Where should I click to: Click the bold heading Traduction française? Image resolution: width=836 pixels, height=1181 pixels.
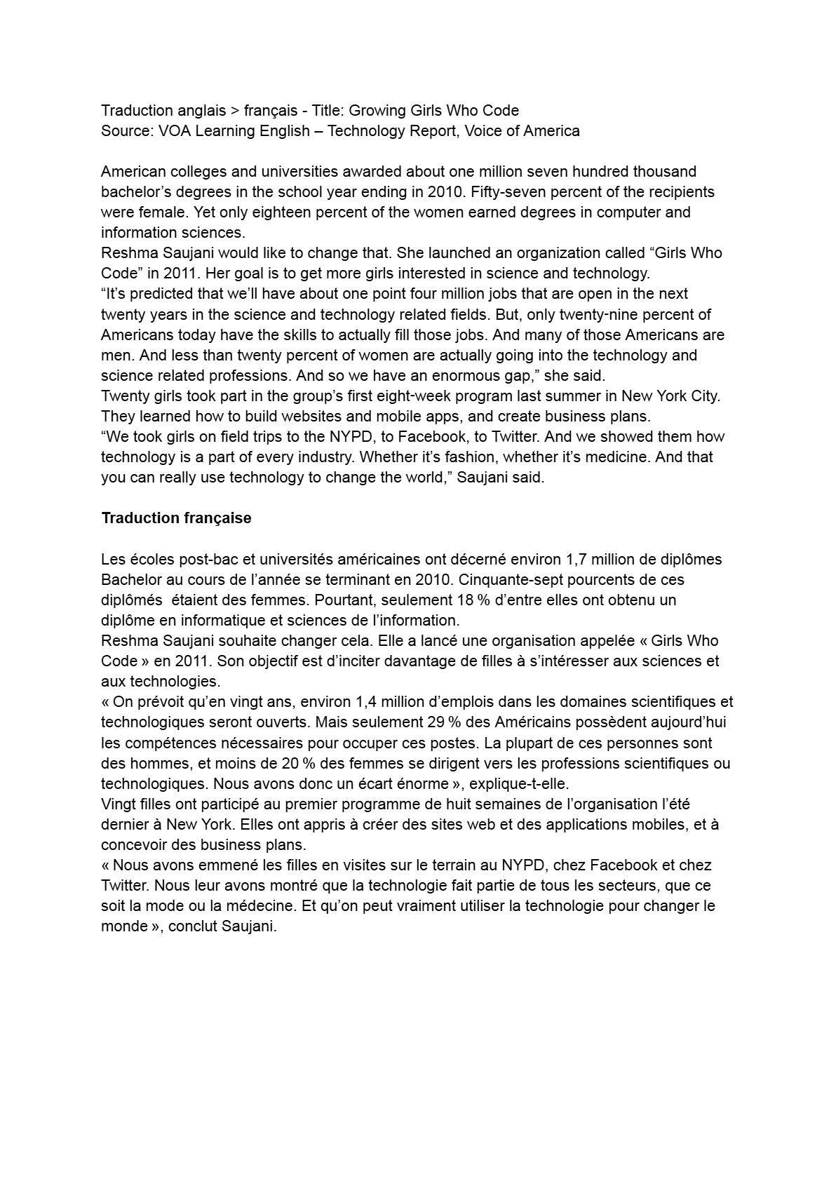point(176,518)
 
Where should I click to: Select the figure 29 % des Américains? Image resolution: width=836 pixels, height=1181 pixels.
point(439,722)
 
